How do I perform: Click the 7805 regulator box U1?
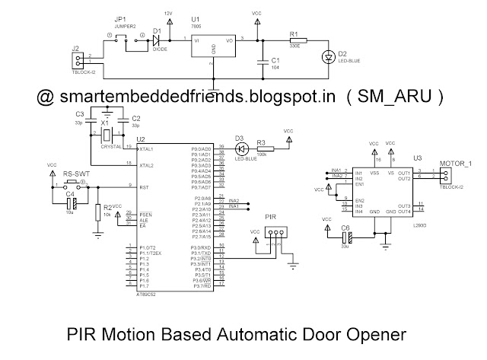coord(213,44)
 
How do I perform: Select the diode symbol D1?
coord(158,40)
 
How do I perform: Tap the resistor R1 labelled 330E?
coord(296,40)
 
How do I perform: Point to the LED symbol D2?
coord(329,57)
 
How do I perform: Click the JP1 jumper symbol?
coord(125,39)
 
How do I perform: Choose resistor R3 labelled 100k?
coord(263,148)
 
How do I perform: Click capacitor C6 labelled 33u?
coord(345,239)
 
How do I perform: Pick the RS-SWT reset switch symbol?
coord(75,183)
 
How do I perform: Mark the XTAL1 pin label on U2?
coord(147,148)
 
